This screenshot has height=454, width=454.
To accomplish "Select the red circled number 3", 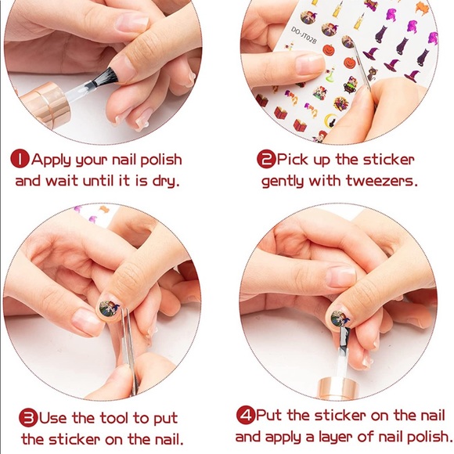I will click(29, 417).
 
